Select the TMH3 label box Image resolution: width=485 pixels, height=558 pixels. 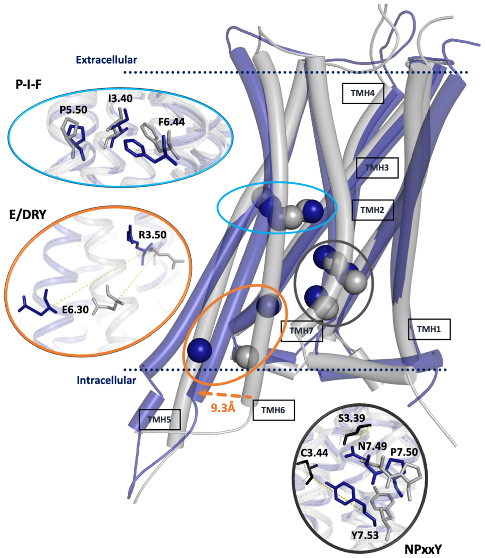[377, 168]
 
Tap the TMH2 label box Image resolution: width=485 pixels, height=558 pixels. [372, 210]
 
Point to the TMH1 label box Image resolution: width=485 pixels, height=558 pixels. [429, 329]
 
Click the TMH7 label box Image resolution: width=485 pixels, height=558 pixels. [301, 331]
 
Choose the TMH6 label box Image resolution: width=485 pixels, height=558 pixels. [273, 410]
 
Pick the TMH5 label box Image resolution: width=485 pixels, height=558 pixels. [159, 420]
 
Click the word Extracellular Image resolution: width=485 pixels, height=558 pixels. [106, 60]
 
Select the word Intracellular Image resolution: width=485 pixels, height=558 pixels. [106, 380]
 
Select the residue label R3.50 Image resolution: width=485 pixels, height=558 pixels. [152, 235]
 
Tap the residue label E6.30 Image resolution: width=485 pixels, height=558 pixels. [75, 310]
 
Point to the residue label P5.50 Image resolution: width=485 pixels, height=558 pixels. [74, 110]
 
